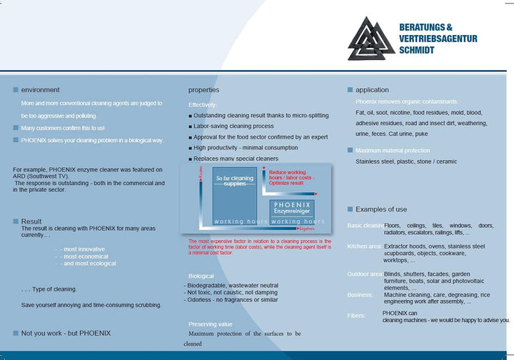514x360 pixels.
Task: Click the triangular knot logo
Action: [370, 39]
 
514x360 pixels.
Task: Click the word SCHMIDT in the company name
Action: [417, 51]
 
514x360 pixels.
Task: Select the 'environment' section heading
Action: [40, 90]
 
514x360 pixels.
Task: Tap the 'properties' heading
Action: [203, 90]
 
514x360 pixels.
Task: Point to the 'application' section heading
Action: [372, 90]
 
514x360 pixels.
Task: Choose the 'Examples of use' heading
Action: [381, 209]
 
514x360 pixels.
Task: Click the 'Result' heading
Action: [31, 221]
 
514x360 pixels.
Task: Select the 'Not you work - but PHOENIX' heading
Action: [66, 333]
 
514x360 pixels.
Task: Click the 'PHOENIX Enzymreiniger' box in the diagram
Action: [291, 208]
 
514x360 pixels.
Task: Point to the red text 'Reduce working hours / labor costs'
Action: [287, 176]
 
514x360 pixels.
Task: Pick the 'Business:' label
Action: [360, 294]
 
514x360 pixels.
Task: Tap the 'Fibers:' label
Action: [356, 315]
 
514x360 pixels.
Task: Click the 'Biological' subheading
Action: [201, 276]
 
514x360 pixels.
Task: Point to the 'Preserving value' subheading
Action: [210, 324]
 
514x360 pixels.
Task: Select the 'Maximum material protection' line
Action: [393, 151]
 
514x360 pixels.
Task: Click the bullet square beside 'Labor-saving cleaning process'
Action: [190, 126]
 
